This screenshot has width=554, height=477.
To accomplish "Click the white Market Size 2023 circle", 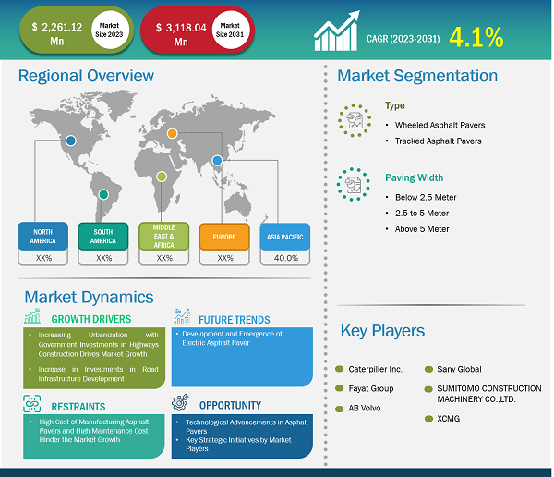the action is coord(109,31).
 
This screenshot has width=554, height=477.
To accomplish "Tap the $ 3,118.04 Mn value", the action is coord(181,34).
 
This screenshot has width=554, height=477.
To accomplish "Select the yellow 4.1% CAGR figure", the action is coord(476,37).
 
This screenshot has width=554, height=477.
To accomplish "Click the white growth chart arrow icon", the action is coord(337,31).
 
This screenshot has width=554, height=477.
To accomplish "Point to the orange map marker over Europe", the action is coord(172,133).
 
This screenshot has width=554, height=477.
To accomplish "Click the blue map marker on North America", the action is coord(71,141).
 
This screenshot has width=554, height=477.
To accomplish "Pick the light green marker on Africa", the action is coord(162,177).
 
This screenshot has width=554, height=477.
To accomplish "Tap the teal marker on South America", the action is coord(103,194).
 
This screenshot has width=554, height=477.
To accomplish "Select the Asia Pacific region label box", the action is coord(285,237).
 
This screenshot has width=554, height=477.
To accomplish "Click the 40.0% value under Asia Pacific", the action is coord(286,258).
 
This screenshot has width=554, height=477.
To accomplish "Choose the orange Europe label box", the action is coord(224,237).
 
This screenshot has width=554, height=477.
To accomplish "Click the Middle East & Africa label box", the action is coord(164,237).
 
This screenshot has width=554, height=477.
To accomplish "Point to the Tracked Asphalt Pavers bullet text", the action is coord(438,141).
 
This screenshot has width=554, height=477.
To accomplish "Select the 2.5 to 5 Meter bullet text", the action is coord(422,213).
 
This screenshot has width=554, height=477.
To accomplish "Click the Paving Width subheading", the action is coord(414,177).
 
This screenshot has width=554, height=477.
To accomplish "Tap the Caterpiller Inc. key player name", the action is coord(375,369).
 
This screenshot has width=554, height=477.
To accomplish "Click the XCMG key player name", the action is coord(449,419).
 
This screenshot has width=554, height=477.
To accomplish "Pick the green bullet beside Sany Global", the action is coord(428,370).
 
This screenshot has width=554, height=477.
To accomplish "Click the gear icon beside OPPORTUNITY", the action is coord(180,403).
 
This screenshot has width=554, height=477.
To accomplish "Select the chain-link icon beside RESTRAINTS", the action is coord(31,404).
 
